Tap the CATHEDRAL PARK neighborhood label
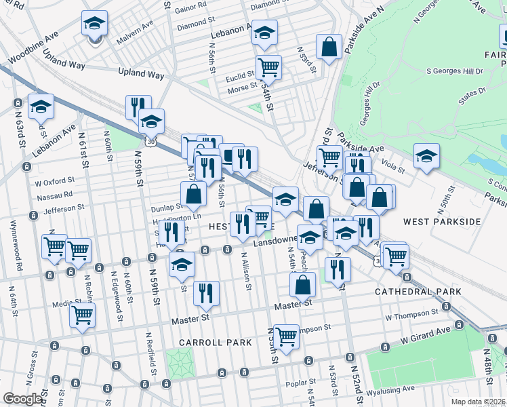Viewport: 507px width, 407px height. click(418, 292)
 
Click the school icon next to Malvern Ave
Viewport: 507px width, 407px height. click(94, 24)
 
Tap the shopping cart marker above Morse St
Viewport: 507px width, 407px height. click(269, 68)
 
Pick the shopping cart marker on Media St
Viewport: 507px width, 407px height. click(82, 315)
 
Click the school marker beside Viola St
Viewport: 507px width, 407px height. click(426, 156)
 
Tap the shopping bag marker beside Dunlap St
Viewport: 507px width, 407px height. click(193, 194)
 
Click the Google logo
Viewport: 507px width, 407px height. click(22, 399)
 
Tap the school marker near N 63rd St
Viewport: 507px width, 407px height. click(41, 107)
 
